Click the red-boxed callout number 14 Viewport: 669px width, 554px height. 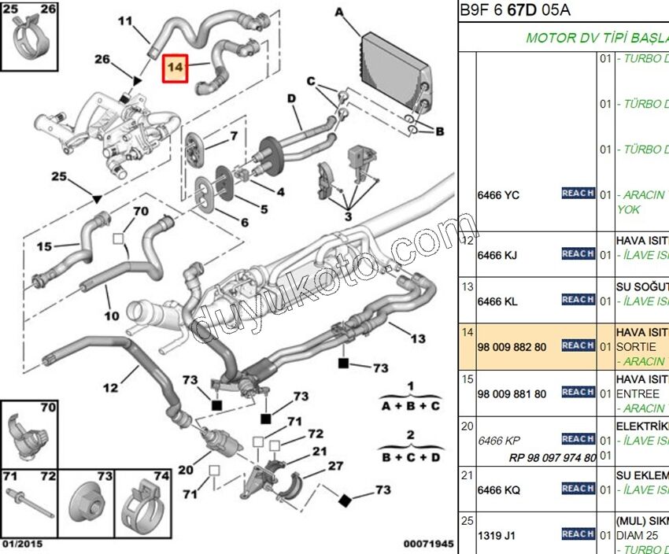(x=174, y=68)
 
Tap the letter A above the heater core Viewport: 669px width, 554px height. (x=339, y=12)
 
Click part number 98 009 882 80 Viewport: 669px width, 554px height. (x=512, y=345)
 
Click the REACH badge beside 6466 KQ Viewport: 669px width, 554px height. (x=578, y=489)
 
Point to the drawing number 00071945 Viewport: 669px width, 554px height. (x=429, y=544)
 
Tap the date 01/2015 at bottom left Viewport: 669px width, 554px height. (x=23, y=544)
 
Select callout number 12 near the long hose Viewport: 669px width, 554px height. (x=110, y=387)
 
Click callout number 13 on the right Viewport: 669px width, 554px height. (x=418, y=338)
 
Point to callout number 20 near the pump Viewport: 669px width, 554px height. (x=185, y=470)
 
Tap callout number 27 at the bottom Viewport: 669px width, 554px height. (x=335, y=467)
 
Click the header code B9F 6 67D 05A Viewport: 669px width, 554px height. (x=515, y=11)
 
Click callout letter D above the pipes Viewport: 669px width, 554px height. (x=290, y=98)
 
